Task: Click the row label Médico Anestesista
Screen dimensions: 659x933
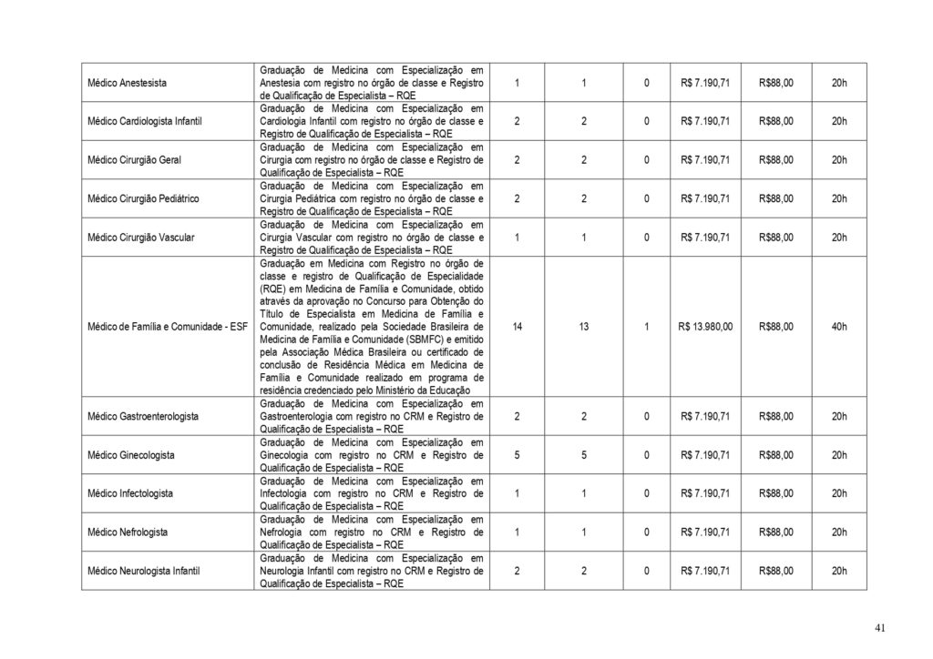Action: click(127, 83)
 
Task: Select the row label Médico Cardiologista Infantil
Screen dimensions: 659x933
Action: click(144, 121)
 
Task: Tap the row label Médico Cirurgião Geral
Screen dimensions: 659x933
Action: click(134, 160)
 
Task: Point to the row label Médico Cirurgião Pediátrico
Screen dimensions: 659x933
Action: click(143, 198)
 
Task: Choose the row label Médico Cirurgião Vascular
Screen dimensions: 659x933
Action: click(140, 238)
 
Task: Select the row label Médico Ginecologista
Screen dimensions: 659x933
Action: click(131, 454)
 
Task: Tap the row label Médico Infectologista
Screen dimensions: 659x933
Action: click(130, 493)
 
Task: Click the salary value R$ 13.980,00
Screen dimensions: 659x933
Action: click(705, 326)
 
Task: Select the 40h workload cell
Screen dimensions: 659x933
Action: click(839, 326)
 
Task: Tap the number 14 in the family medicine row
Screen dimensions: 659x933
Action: click(518, 326)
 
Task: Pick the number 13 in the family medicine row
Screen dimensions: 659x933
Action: click(583, 326)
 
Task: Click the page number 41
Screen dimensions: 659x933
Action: click(878, 628)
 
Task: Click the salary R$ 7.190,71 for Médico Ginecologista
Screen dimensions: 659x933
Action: click(705, 454)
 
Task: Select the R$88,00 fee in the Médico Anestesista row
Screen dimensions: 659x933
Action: click(775, 83)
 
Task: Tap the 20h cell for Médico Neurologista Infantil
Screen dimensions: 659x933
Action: click(839, 571)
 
